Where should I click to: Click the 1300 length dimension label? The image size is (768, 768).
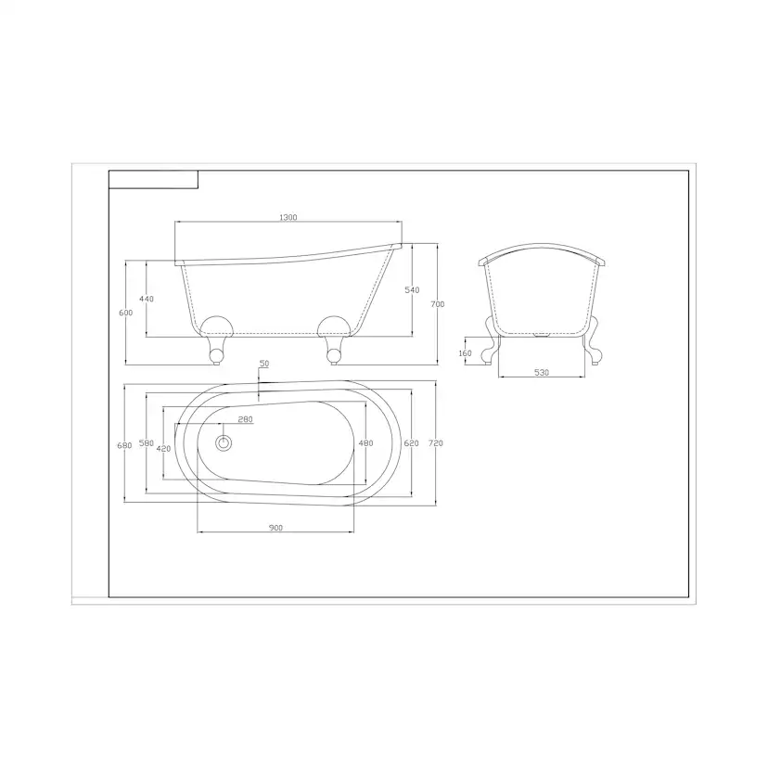point(288,217)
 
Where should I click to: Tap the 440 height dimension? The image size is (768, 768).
point(147,299)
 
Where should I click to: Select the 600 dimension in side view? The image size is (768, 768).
point(126,313)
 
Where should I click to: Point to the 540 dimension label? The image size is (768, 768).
point(413,290)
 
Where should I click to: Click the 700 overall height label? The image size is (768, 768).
point(438,304)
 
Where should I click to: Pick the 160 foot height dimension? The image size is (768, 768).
point(465,353)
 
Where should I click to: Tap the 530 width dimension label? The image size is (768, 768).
point(542,373)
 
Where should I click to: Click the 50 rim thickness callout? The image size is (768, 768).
point(264,364)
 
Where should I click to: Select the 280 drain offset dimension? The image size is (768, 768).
point(245,419)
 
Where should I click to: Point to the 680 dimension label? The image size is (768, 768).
point(124,446)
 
